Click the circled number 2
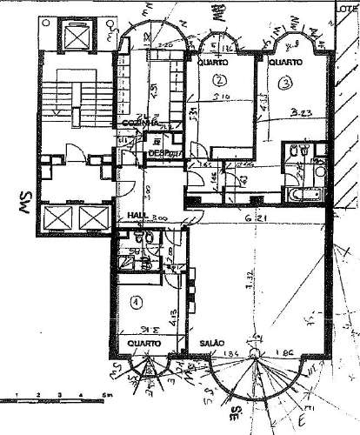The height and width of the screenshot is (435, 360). coord(217,81)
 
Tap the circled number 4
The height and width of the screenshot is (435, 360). coord(135,303)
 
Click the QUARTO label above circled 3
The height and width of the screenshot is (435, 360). coord(284,63)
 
